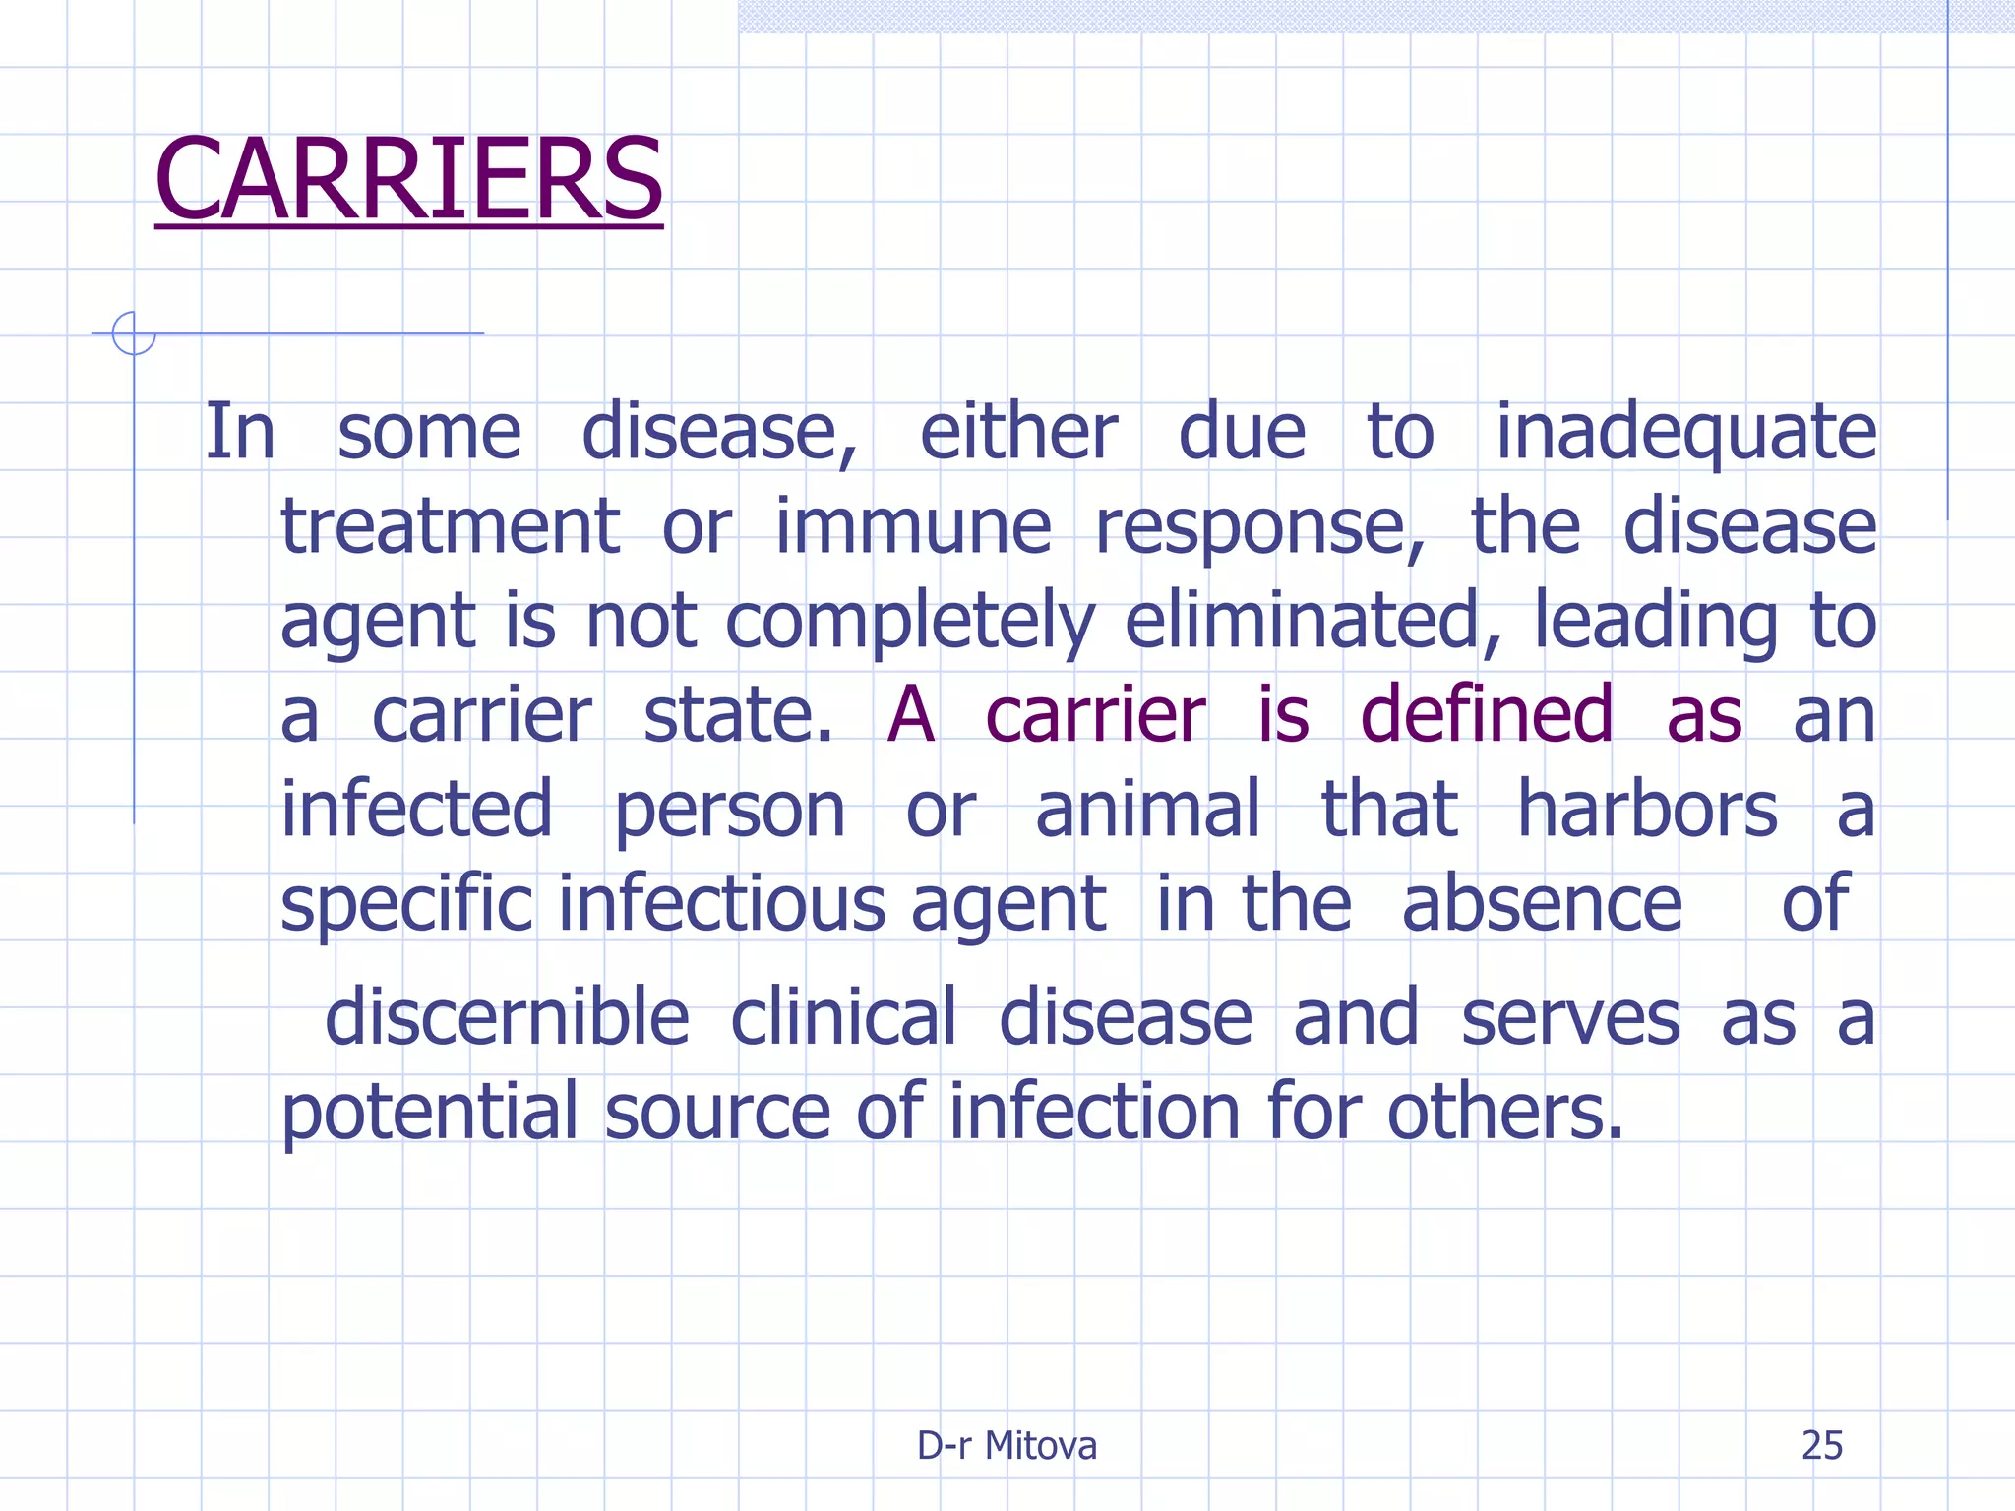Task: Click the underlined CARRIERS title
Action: click(x=408, y=180)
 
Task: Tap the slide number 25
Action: click(x=1821, y=1445)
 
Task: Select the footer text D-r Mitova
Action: click(x=1007, y=1445)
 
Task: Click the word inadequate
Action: click(x=1685, y=433)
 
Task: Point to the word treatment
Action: click(x=450, y=527)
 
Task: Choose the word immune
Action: click(x=913, y=527)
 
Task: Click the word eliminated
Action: click(x=1313, y=621)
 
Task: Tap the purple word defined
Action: click(x=1487, y=715)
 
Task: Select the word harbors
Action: click(x=1647, y=810)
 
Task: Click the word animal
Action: click(x=1147, y=810)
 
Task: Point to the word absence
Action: click(x=1542, y=904)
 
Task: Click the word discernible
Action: click(x=507, y=1017)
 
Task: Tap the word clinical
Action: click(x=843, y=1017)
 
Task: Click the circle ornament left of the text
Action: click(x=134, y=333)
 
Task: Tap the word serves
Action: click(x=1570, y=1017)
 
